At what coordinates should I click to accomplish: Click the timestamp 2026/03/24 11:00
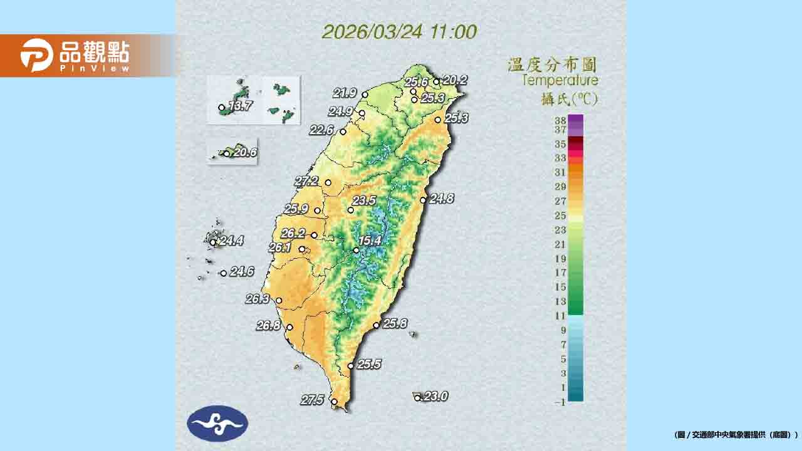pyautogui.click(x=399, y=32)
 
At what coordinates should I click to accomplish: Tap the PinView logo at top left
pyautogui.click(x=75, y=55)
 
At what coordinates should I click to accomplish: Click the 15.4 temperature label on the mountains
pyautogui.click(x=370, y=241)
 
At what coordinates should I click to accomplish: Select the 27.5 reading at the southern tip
pyautogui.click(x=311, y=400)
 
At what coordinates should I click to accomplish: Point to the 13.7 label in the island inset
pyautogui.click(x=240, y=106)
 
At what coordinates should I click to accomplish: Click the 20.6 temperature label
pyautogui.click(x=244, y=152)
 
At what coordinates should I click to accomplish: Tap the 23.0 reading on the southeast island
pyautogui.click(x=435, y=396)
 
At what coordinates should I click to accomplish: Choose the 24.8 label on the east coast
pyautogui.click(x=442, y=199)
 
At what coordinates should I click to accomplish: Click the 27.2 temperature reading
pyautogui.click(x=307, y=181)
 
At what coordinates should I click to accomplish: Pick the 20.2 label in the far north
pyautogui.click(x=455, y=80)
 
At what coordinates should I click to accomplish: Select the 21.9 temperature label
pyautogui.click(x=345, y=93)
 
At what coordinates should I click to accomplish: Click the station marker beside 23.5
pyautogui.click(x=351, y=210)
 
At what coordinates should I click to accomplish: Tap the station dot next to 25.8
pyautogui.click(x=376, y=325)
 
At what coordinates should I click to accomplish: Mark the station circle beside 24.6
pyautogui.click(x=223, y=273)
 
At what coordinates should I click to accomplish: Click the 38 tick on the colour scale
pyautogui.click(x=560, y=119)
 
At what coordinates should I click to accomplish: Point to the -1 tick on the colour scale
pyautogui.click(x=560, y=402)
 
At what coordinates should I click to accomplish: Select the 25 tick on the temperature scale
pyautogui.click(x=560, y=215)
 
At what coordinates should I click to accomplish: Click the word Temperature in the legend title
pyautogui.click(x=560, y=80)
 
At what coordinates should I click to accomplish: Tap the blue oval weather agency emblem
pyautogui.click(x=217, y=423)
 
